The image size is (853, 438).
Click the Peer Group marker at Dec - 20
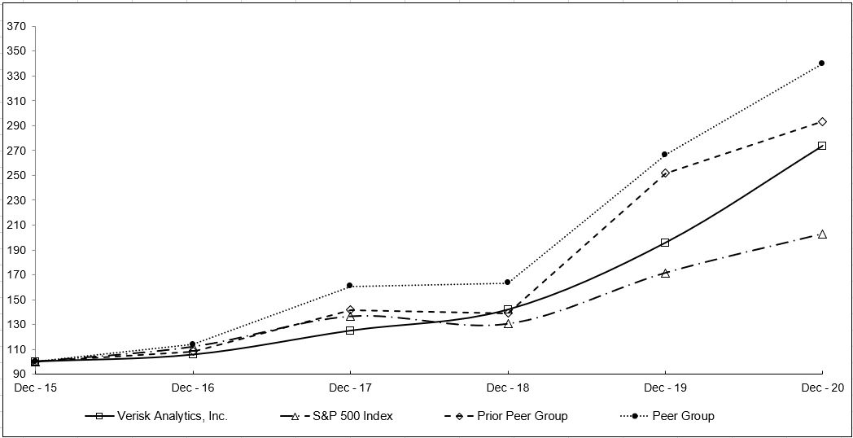pyautogui.click(x=821, y=63)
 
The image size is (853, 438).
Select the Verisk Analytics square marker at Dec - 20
pyautogui.click(x=822, y=146)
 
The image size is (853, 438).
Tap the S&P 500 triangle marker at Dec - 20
pyautogui.click(x=822, y=234)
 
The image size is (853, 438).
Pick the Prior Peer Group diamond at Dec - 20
pyautogui.click(x=822, y=121)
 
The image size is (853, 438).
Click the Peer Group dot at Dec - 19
pyautogui.click(x=664, y=154)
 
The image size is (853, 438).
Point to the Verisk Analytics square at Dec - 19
pyautogui.click(x=665, y=243)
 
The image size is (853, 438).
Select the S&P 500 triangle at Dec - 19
pyautogui.click(x=665, y=274)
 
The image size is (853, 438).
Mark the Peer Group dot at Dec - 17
pyautogui.click(x=349, y=286)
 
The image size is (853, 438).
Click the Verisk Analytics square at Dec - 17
pyautogui.click(x=350, y=331)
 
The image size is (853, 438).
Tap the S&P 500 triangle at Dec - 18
pyautogui.click(x=508, y=324)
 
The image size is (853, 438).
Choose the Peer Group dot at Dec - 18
pyautogui.click(x=507, y=283)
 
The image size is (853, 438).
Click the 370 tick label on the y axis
pyautogui.click(x=16, y=27)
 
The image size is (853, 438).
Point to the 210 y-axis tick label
pyautogui.click(x=16, y=226)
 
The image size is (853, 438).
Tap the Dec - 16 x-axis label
pyautogui.click(x=192, y=388)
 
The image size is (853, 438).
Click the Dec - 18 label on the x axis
pyautogui.click(x=508, y=388)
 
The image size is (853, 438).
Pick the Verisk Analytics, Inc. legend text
pyautogui.click(x=172, y=416)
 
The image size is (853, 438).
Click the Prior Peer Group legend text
pyautogui.click(x=523, y=416)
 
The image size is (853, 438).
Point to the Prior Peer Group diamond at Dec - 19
pyautogui.click(x=665, y=173)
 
